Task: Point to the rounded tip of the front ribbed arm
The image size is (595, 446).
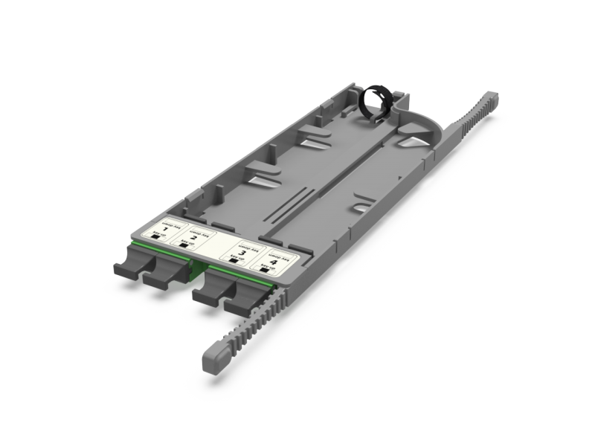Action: click(x=212, y=362)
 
